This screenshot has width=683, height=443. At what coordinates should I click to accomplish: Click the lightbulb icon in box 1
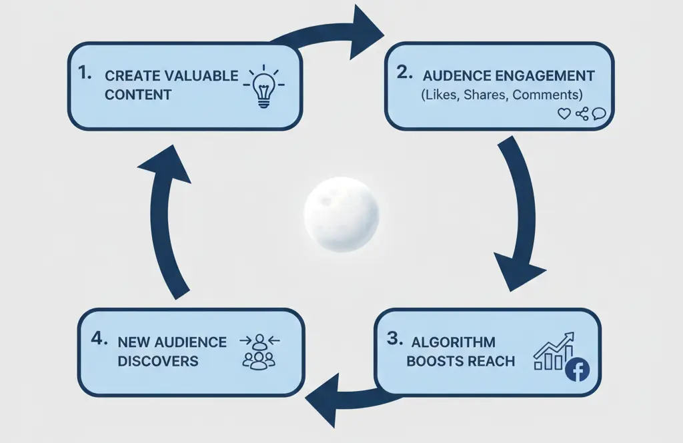point(265,87)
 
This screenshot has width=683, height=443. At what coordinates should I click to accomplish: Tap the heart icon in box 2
point(564,114)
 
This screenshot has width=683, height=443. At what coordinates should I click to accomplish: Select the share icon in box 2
point(582,114)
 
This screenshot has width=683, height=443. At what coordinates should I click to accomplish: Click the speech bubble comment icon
point(598,114)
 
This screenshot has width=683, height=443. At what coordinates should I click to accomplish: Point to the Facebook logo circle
point(577,370)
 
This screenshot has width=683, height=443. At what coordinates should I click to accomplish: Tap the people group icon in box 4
point(259,352)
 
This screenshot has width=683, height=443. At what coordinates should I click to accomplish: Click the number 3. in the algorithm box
point(395,339)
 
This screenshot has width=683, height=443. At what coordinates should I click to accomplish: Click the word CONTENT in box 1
point(138,94)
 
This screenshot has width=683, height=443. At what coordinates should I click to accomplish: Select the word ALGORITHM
point(454,342)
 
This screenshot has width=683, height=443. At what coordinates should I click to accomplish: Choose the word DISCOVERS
point(158,361)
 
